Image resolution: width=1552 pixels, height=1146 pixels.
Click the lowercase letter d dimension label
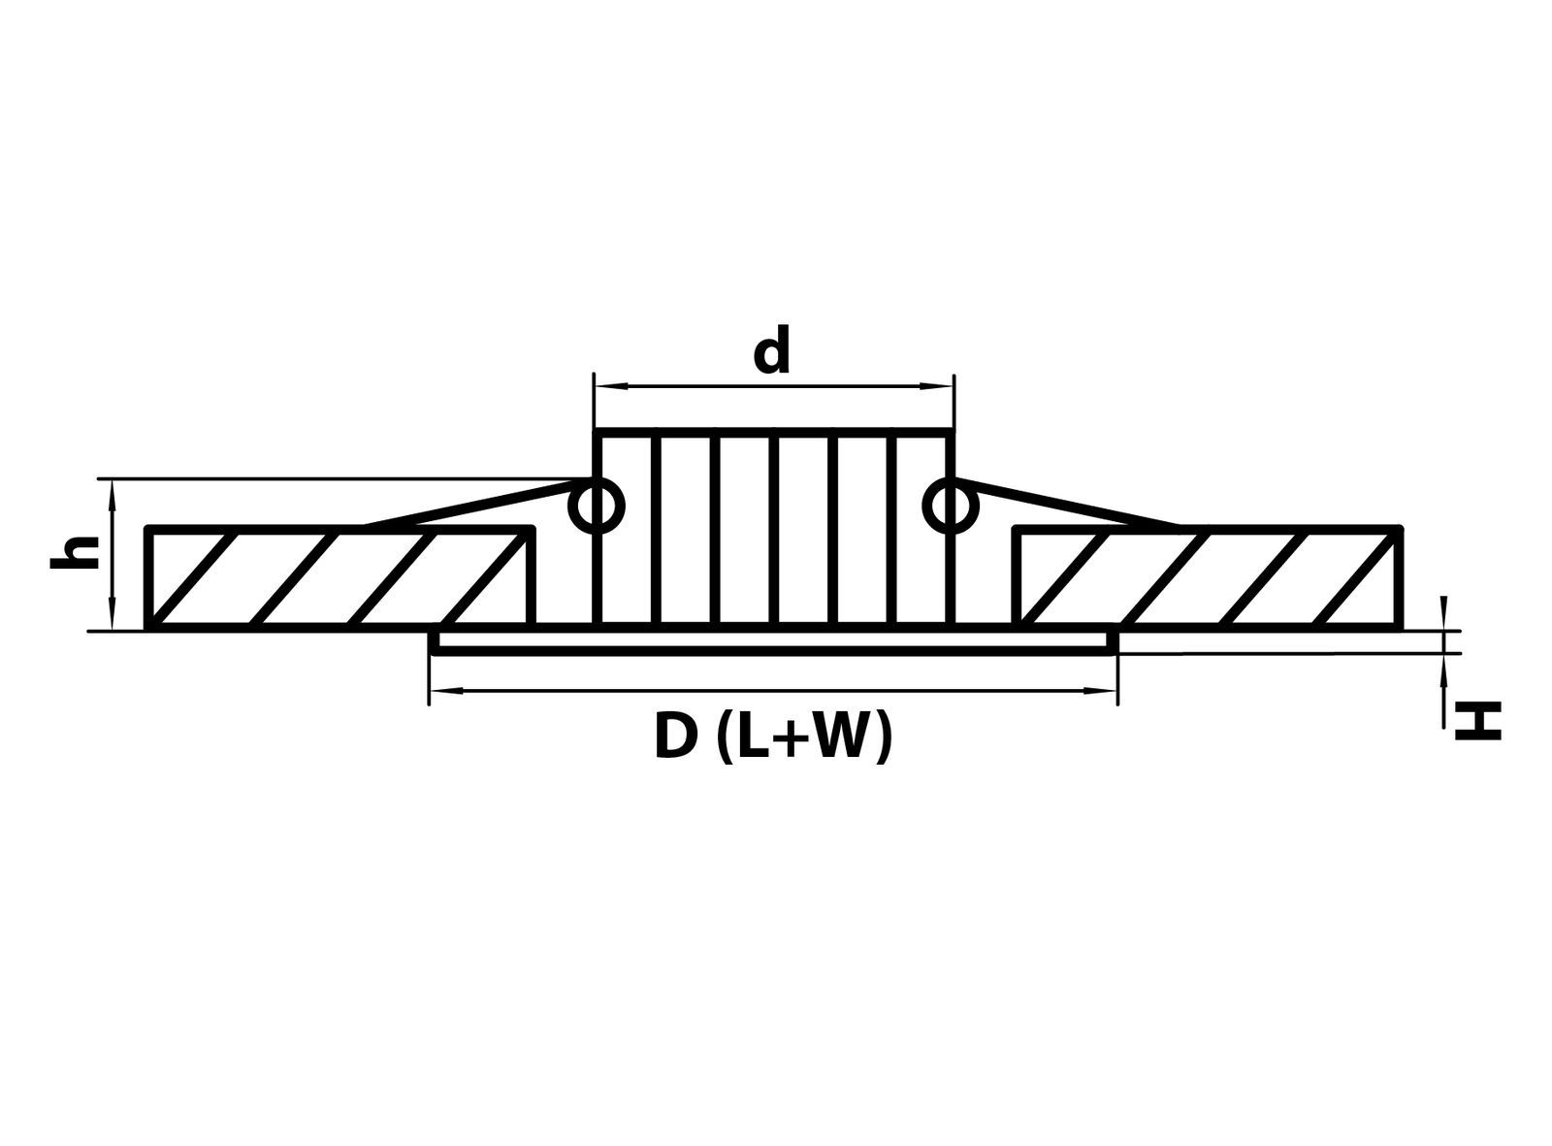(771, 348)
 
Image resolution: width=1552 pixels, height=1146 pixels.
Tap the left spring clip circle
(597, 505)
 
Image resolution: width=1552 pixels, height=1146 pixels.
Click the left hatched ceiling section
(340, 576)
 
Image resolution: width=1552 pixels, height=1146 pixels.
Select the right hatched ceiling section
(1207, 576)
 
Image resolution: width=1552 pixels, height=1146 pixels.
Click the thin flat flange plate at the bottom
(773, 642)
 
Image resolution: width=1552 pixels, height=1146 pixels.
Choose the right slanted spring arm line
(1070, 504)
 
